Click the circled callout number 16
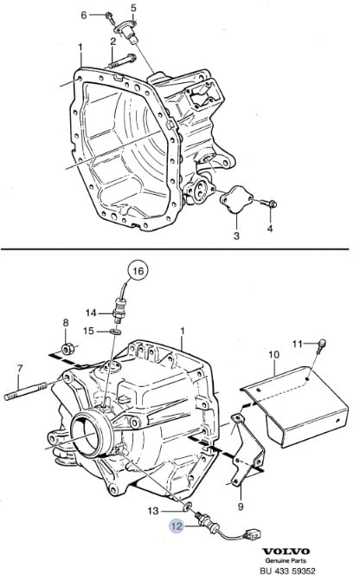point(138,271)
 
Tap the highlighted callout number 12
point(177,526)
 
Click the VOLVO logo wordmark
point(286,552)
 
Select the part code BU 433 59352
point(287,571)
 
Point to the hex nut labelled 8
point(67,348)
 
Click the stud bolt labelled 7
point(26,391)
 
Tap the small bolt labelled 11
point(321,344)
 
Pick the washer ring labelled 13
point(188,506)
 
